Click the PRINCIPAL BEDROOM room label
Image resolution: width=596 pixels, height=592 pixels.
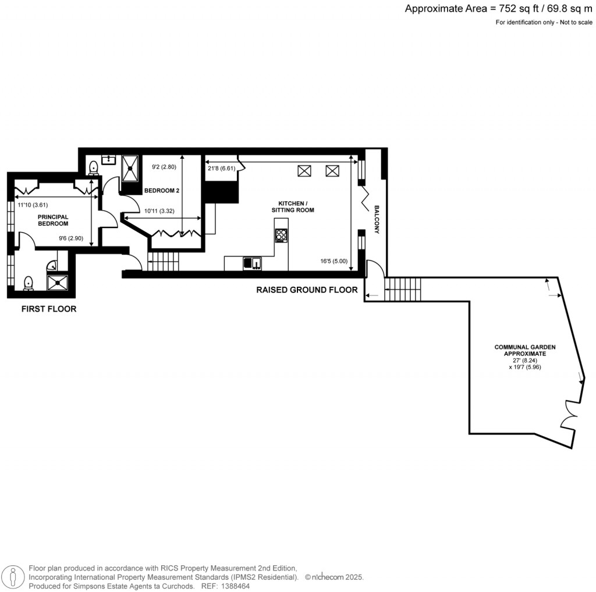(53, 220)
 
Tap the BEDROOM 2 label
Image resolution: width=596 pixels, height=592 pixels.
(161, 190)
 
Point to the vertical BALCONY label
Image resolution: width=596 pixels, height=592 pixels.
(377, 219)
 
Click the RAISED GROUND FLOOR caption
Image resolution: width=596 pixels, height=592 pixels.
(307, 290)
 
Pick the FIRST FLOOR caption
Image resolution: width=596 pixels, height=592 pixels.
(49, 309)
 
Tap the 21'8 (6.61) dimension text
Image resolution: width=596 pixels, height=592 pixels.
(221, 169)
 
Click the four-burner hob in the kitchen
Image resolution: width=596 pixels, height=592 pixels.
(282, 236)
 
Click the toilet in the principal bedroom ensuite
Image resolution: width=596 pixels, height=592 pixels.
(28, 283)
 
